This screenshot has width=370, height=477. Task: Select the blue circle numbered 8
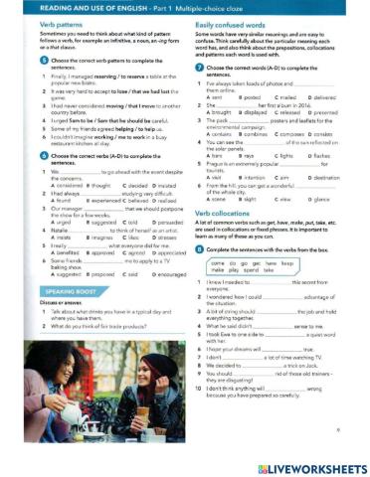click(200, 250)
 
